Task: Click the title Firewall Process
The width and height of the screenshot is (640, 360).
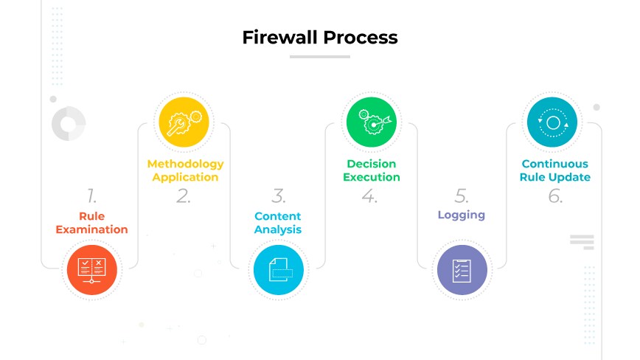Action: coord(319,38)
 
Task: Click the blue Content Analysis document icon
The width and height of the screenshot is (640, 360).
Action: coord(278,270)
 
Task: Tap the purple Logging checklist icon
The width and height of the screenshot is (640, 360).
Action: coord(462,270)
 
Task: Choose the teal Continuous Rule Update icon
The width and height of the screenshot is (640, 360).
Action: coord(553,122)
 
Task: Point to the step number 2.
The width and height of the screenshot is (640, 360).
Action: coord(184,196)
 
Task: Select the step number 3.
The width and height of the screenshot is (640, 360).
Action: coord(278,196)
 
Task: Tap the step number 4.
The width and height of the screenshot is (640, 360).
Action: coord(370,196)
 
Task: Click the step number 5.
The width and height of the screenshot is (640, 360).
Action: coord(462,196)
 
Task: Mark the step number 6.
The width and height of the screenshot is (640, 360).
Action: coord(554,196)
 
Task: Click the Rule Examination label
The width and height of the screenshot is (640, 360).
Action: coord(92,223)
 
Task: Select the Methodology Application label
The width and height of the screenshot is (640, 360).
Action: coord(185,170)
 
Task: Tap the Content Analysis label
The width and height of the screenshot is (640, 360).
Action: coord(278,223)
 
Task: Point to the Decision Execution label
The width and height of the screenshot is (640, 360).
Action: coord(372,170)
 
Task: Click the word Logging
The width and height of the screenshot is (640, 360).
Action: coord(462,215)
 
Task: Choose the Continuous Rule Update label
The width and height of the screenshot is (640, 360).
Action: coord(554,170)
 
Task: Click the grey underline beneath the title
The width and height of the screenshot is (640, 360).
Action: coord(319,56)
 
